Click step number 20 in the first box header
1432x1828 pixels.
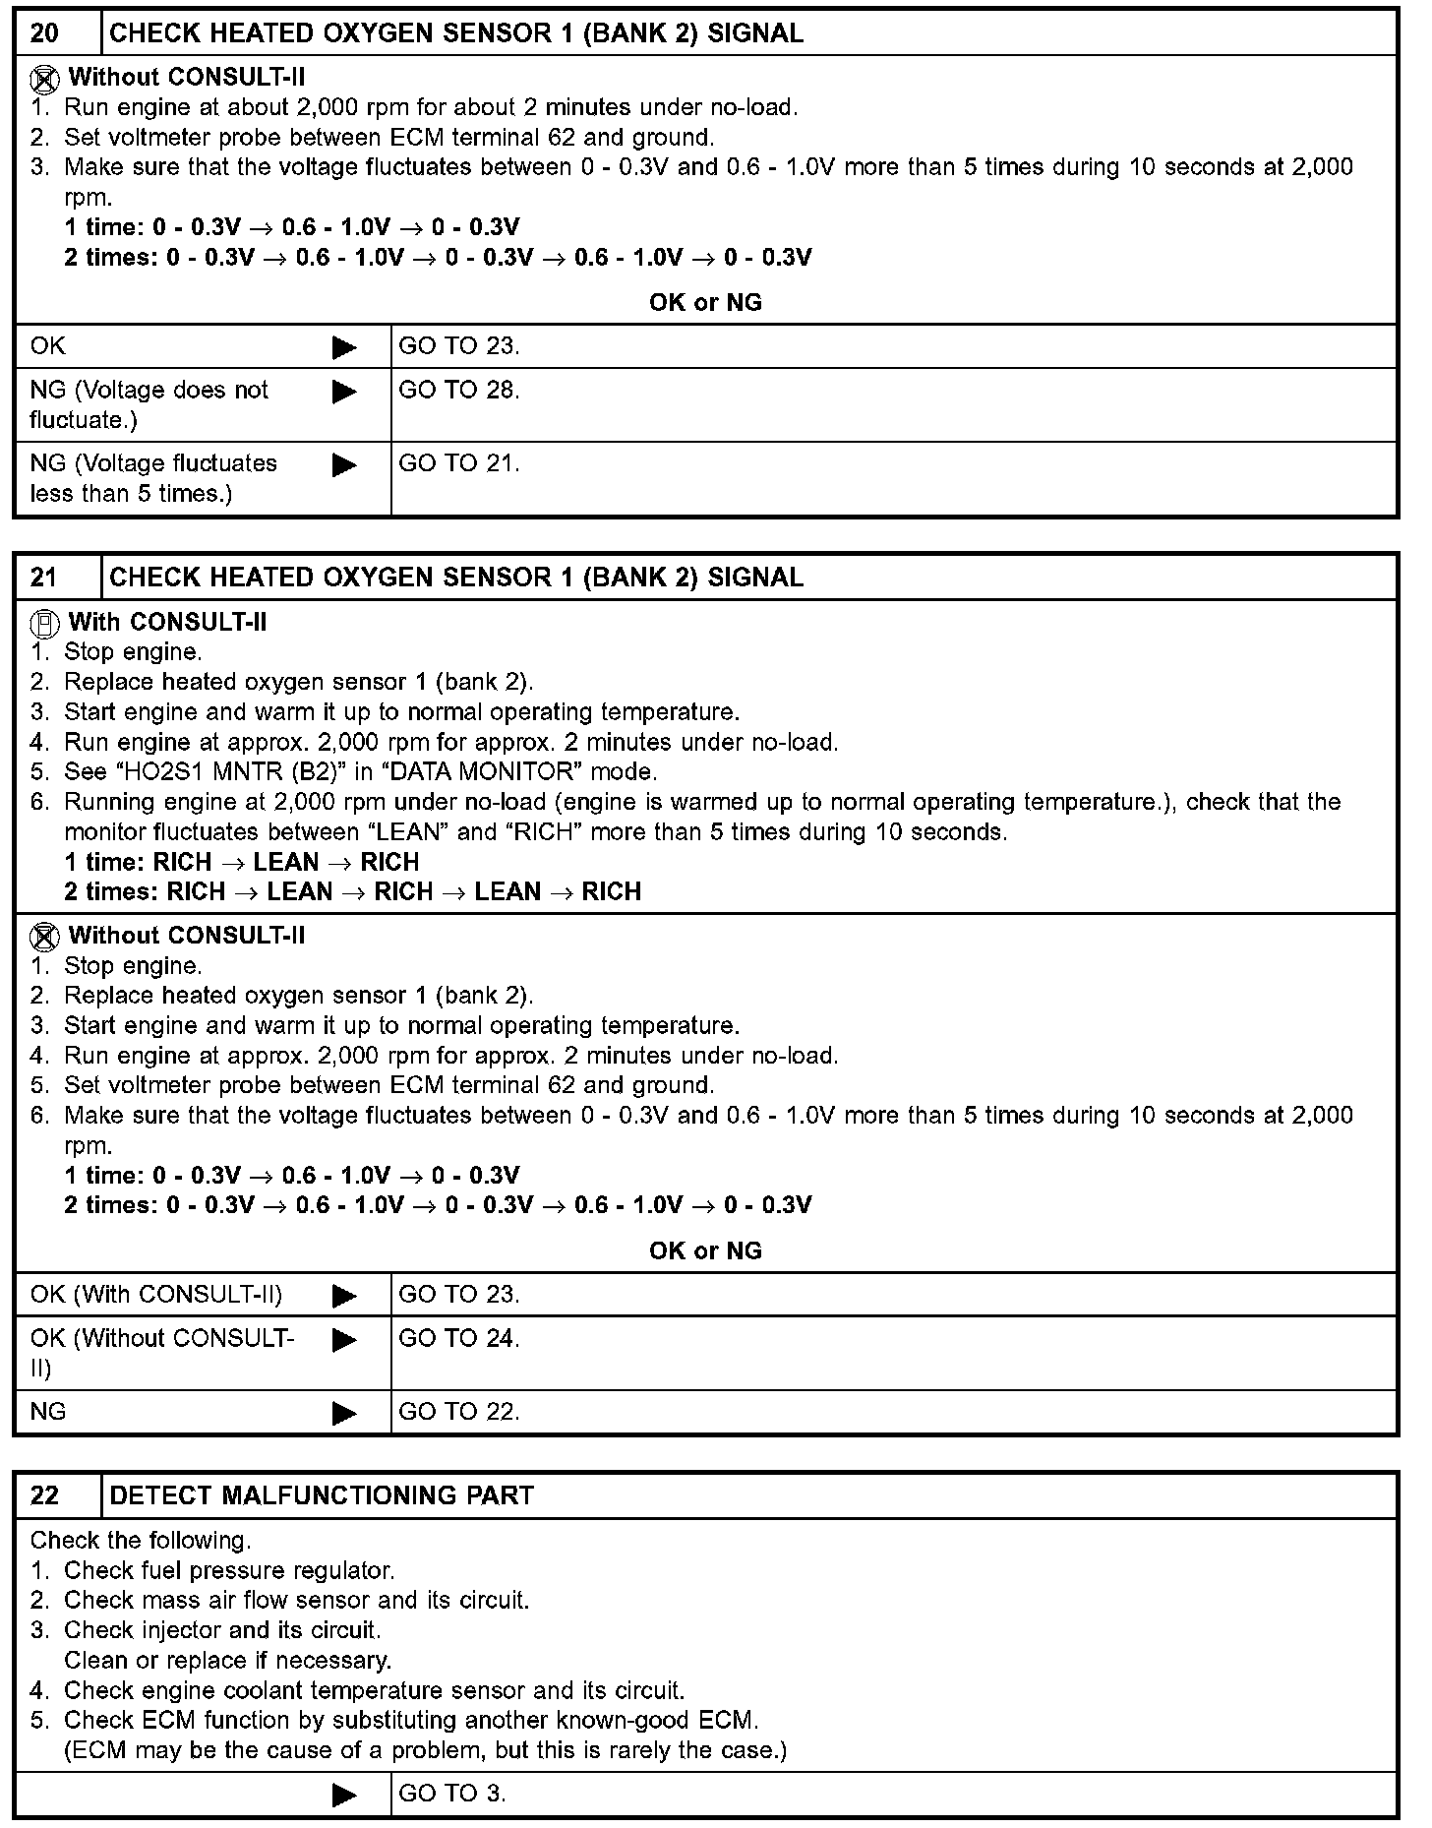click(45, 33)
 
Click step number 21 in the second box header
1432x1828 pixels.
click(45, 578)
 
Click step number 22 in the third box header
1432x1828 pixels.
click(45, 1495)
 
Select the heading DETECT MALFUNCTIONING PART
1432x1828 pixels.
click(322, 1495)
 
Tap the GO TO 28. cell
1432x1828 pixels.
click(459, 391)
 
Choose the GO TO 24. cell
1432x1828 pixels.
click(459, 1338)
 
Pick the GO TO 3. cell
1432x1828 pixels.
click(452, 1793)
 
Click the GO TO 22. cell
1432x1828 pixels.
click(459, 1412)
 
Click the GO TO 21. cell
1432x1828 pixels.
click(459, 463)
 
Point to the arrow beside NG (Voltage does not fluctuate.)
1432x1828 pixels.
click(344, 393)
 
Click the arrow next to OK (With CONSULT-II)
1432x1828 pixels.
click(344, 1296)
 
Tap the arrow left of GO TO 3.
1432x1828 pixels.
click(344, 1795)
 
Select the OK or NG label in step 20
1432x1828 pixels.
click(705, 303)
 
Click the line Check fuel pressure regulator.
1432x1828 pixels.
click(228, 1571)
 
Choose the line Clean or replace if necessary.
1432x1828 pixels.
click(228, 1661)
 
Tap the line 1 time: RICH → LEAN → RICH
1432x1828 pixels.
click(242, 863)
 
